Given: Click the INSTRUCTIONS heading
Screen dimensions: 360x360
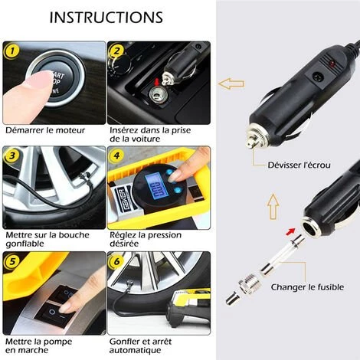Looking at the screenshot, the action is (x=106, y=18).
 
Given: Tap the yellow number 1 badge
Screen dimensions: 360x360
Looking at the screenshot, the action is (x=11, y=51).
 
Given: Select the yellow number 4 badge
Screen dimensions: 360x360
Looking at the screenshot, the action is (x=116, y=155).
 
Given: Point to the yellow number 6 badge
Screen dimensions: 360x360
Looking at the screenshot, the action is (x=116, y=261).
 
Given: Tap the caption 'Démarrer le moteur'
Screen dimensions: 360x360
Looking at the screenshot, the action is (x=45, y=130).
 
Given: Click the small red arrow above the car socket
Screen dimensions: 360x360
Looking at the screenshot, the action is (x=157, y=82).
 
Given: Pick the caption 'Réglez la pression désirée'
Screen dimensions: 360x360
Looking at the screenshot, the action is (x=146, y=239).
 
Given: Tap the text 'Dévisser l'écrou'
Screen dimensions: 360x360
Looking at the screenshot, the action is (x=299, y=165).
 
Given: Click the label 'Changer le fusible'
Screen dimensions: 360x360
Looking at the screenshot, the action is (x=307, y=287).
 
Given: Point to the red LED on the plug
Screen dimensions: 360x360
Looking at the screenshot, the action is (x=332, y=64).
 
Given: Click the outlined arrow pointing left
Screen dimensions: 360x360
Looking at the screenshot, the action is (x=231, y=83).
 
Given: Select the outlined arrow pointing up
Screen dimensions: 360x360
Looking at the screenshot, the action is (x=273, y=207).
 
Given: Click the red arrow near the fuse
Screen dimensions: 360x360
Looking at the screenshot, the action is (x=290, y=232).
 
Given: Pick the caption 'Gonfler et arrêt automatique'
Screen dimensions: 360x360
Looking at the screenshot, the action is (x=140, y=345).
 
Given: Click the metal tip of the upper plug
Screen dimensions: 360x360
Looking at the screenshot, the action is (x=252, y=142).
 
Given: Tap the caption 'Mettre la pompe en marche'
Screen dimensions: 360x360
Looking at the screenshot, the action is (x=39, y=345).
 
